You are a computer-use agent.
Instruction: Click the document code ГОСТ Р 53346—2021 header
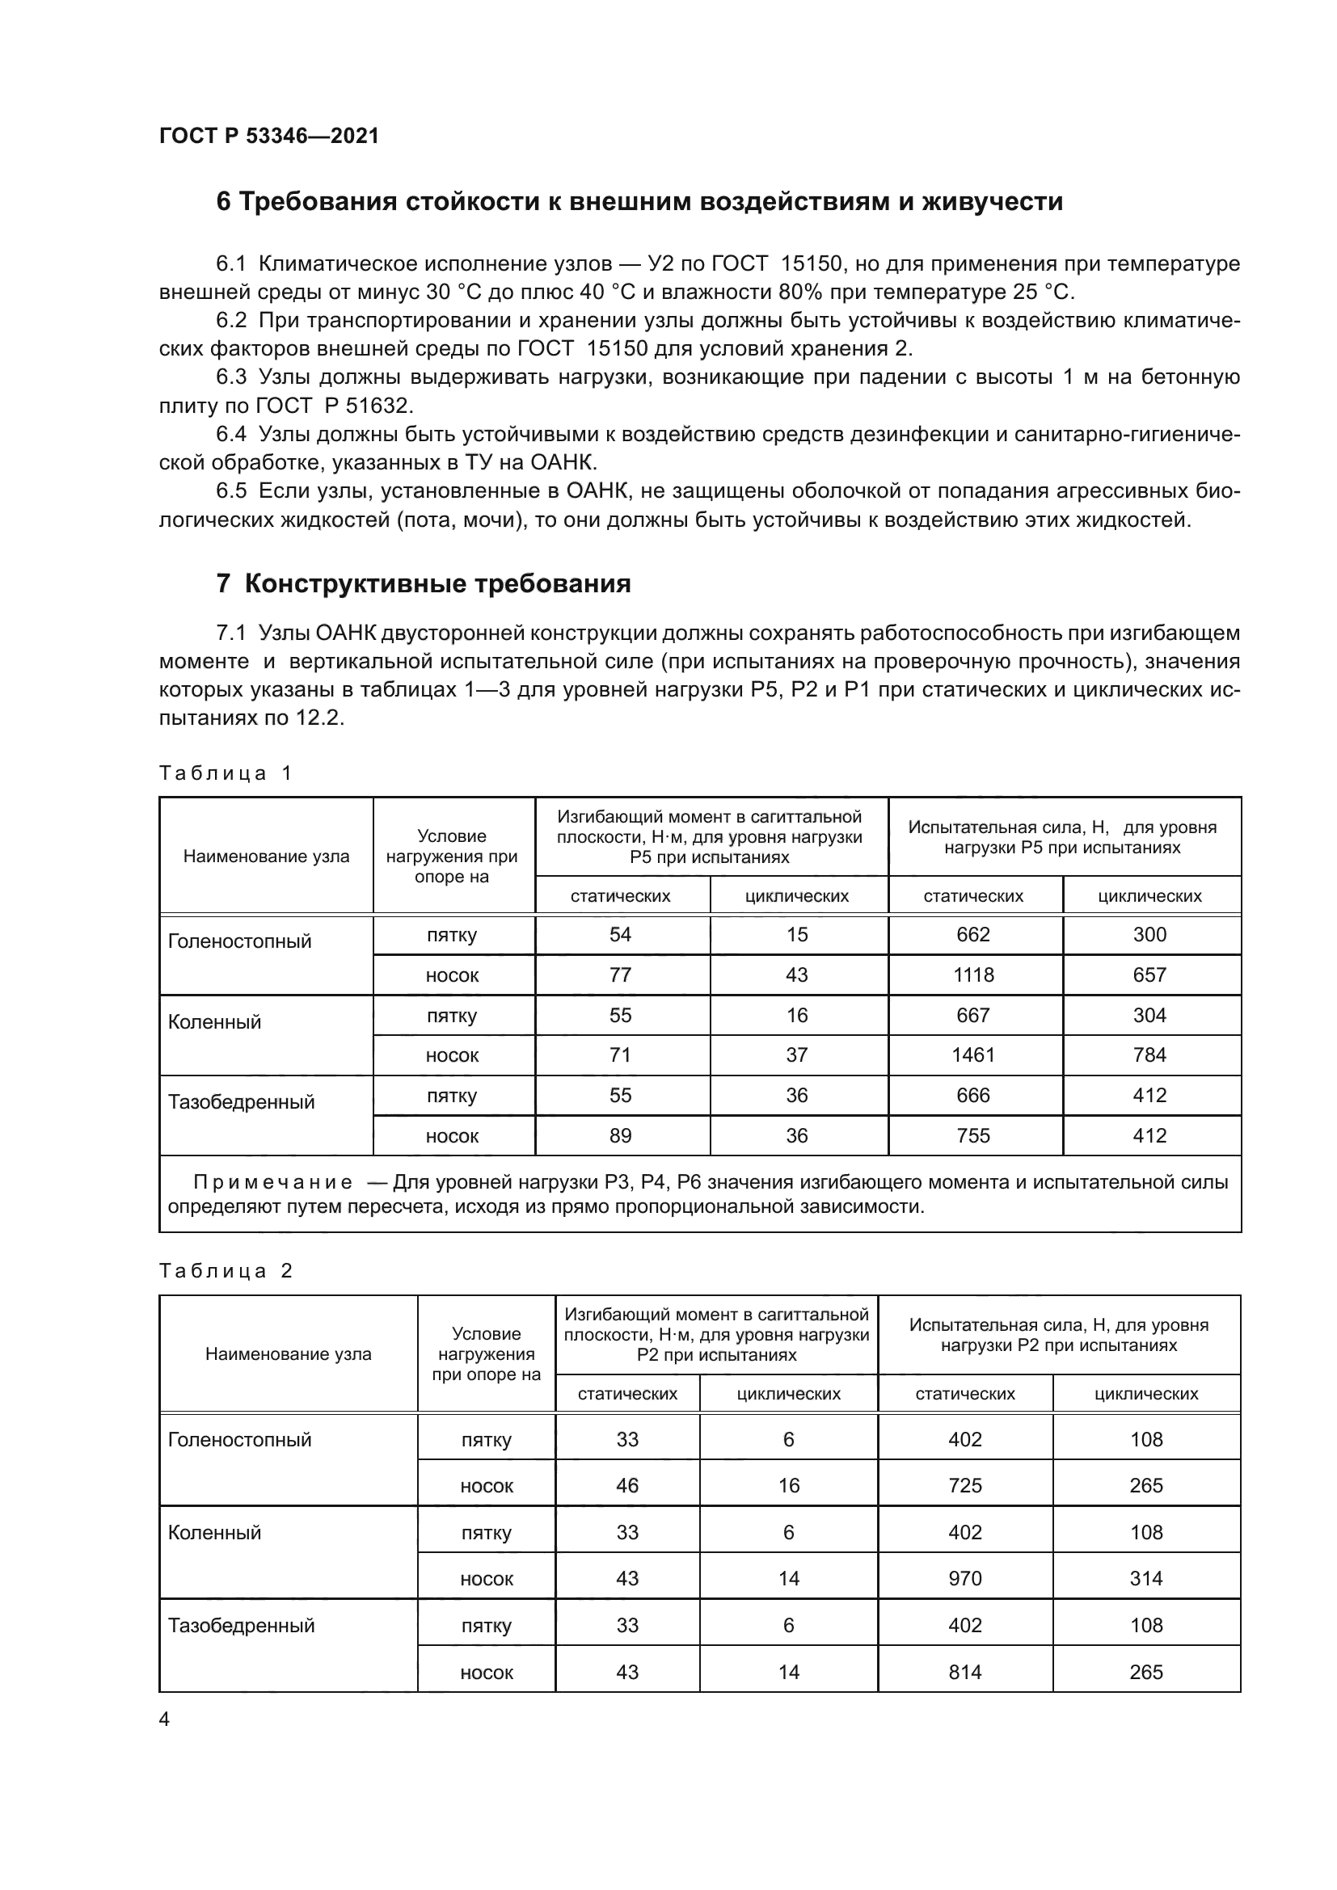point(268,136)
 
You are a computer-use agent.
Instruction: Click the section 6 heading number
point(224,202)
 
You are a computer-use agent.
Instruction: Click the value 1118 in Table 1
point(973,975)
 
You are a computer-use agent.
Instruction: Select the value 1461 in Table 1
point(973,1055)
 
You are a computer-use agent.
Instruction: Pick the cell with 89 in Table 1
point(620,1136)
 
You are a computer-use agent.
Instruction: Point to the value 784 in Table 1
point(1149,1055)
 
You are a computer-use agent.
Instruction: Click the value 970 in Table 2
point(965,1579)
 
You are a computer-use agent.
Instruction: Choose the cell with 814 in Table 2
point(965,1672)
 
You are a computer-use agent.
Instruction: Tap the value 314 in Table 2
point(1146,1579)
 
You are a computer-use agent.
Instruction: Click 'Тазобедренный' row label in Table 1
point(241,1102)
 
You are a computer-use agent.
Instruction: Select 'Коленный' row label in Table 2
point(214,1533)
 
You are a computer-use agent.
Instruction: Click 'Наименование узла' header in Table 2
point(288,1354)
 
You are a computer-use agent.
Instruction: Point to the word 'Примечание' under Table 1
point(272,1183)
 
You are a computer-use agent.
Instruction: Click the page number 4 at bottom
point(165,1719)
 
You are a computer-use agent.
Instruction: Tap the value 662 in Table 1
point(973,934)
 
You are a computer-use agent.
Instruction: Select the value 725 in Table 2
point(965,1486)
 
